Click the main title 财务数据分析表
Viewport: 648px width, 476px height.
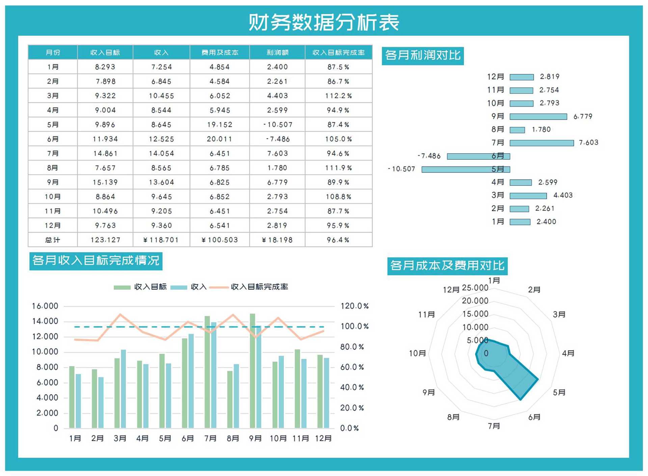324,22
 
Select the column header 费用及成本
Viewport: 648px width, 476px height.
220,53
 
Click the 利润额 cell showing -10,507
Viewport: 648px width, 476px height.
277,125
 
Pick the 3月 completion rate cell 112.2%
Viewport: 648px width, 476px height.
338,96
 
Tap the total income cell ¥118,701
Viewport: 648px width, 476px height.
161,240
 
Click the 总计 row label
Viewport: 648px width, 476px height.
53,240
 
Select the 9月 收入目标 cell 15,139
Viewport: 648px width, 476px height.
105,182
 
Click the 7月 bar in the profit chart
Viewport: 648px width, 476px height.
541,143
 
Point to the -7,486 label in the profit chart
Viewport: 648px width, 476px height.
429,156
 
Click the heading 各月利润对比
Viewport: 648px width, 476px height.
423,55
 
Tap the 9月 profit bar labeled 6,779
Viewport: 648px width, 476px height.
538,117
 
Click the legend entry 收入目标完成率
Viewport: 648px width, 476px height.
259,287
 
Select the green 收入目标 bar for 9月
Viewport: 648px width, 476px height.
252,371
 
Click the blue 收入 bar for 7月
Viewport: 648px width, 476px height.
214,375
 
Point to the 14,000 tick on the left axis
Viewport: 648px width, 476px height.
45,321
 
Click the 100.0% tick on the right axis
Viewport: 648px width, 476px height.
354,326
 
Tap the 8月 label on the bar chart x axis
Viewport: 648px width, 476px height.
233,439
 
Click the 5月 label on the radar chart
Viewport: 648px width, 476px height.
559,393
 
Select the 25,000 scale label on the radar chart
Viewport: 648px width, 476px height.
475,288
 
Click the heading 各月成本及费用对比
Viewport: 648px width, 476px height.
447,266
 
